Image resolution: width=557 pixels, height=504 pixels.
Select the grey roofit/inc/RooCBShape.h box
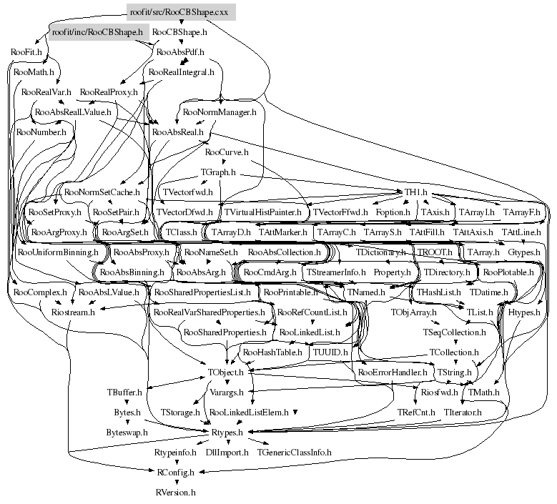pyautogui.click(x=97, y=32)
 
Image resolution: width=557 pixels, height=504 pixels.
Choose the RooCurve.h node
pyautogui.click(x=227, y=152)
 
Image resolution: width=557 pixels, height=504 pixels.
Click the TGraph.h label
pyautogui.click(x=218, y=172)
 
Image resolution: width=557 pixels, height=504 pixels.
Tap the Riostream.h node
pyautogui.click(x=74, y=312)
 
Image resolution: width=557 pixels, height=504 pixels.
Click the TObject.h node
pyautogui.click(x=226, y=372)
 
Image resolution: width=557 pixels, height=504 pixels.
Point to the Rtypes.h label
pyautogui.click(x=227, y=433)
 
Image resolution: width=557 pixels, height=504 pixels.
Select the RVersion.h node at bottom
pyautogui.click(x=175, y=493)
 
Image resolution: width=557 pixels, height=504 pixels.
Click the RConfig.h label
pyautogui.click(x=175, y=473)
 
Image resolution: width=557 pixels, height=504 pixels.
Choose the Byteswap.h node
pyautogui.click(x=127, y=433)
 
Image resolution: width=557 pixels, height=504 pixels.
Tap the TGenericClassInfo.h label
pyautogui.click(x=295, y=453)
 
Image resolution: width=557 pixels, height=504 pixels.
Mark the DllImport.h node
pyautogui.click(x=227, y=453)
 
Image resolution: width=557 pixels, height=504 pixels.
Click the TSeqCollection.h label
pyautogui.click(x=454, y=332)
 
